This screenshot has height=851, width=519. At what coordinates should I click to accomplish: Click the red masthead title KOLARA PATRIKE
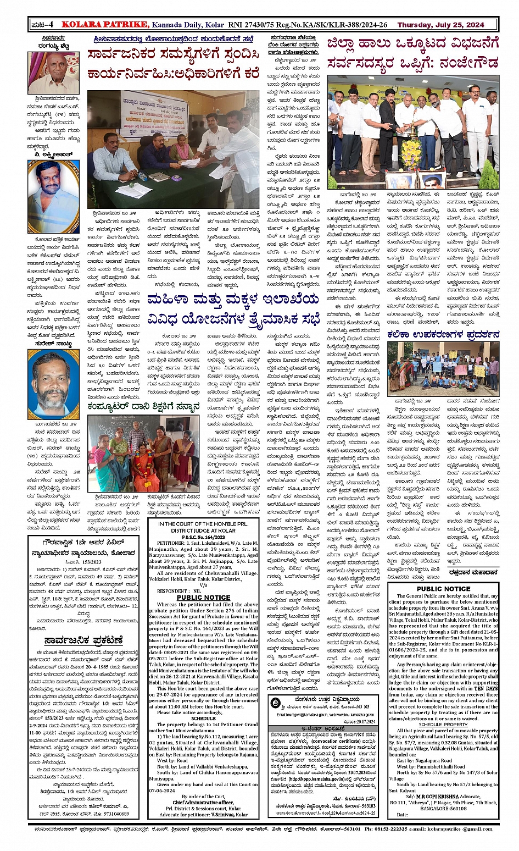click(104, 24)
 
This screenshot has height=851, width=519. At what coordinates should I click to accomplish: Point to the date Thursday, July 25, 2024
click(440, 25)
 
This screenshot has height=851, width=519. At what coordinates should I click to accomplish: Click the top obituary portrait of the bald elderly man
click(53, 73)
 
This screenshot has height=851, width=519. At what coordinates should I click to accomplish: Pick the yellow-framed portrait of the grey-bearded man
click(53, 383)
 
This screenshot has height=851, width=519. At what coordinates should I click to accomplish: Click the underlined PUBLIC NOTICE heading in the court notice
click(203, 597)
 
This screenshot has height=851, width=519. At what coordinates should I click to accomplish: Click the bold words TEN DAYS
click(486, 688)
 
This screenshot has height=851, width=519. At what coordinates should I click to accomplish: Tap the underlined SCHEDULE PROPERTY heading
click(443, 725)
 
